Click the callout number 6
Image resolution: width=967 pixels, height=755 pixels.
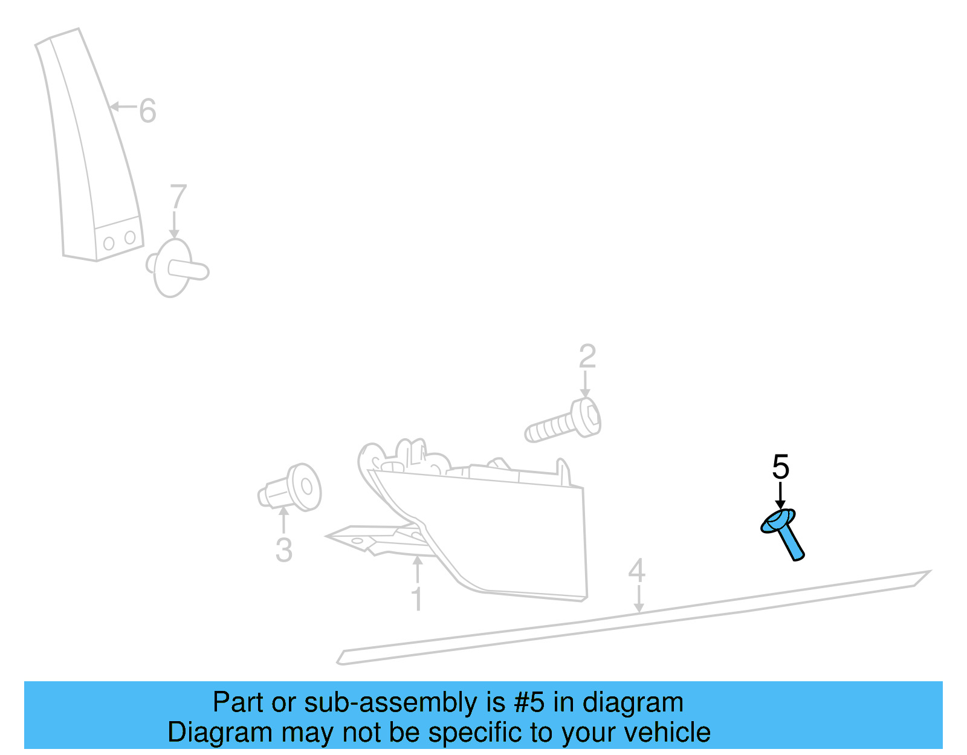pyautogui.click(x=147, y=111)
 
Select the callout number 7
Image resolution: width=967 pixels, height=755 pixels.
pyautogui.click(x=178, y=196)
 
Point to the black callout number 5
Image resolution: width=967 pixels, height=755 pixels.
pyautogui.click(x=780, y=467)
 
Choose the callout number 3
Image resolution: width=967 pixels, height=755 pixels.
pyautogui.click(x=284, y=550)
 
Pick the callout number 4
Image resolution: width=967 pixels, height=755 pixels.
pyautogui.click(x=637, y=571)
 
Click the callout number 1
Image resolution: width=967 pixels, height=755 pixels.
pyautogui.click(x=417, y=598)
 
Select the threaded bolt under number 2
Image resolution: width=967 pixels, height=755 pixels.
pyautogui.click(x=563, y=420)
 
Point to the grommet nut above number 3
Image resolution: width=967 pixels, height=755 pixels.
pyautogui.click(x=290, y=487)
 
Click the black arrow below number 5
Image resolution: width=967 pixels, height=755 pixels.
pyautogui.click(x=780, y=495)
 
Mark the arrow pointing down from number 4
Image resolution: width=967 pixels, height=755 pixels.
pyautogui.click(x=639, y=599)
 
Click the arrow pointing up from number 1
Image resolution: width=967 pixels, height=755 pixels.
pyautogui.click(x=418, y=569)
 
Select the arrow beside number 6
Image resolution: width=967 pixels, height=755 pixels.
pyautogui.click(x=123, y=106)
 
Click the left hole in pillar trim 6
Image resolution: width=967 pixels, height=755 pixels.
pyautogui.click(x=109, y=244)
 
